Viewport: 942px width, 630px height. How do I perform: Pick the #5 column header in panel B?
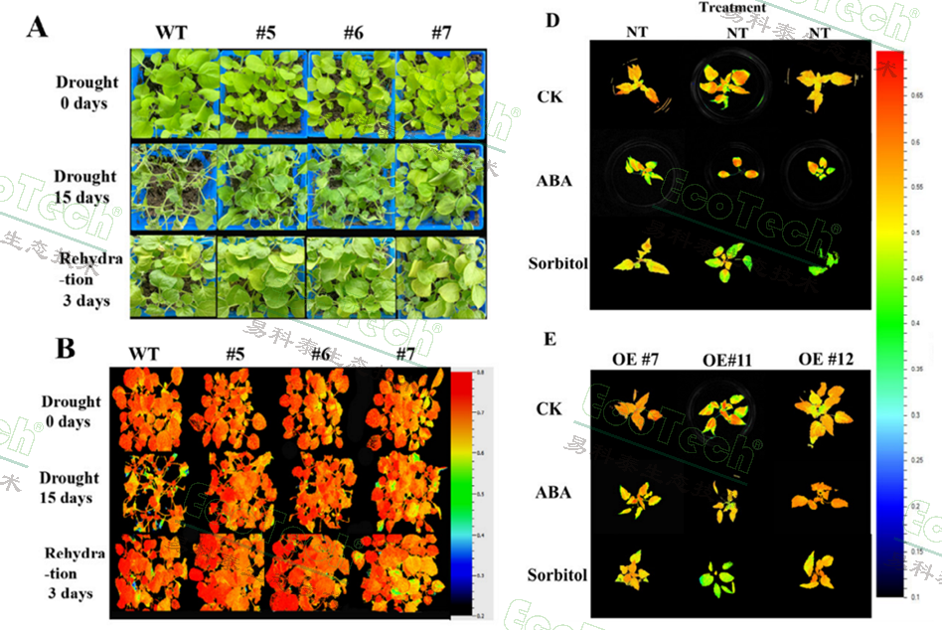click(x=236, y=355)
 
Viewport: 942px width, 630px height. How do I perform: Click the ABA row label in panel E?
click(x=553, y=492)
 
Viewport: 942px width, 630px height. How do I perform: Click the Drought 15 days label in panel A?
click(x=87, y=186)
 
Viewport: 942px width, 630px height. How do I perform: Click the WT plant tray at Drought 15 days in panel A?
click(x=175, y=188)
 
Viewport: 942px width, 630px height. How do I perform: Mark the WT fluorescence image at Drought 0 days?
click(x=151, y=410)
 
